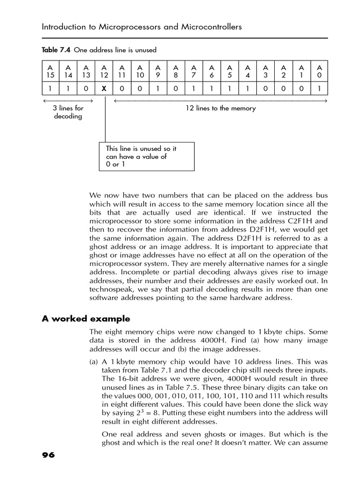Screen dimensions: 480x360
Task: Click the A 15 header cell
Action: (x=51, y=71)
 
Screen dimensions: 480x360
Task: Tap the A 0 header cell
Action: (x=319, y=71)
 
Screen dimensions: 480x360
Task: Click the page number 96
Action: (x=48, y=455)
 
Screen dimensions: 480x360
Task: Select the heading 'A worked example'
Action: (x=86, y=319)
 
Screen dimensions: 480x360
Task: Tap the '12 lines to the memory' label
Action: (x=221, y=108)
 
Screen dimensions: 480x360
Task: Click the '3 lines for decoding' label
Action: (x=68, y=112)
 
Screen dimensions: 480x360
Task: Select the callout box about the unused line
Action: (x=146, y=157)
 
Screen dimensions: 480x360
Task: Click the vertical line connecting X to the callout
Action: (x=105, y=120)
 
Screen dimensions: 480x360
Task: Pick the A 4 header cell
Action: (x=247, y=71)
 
